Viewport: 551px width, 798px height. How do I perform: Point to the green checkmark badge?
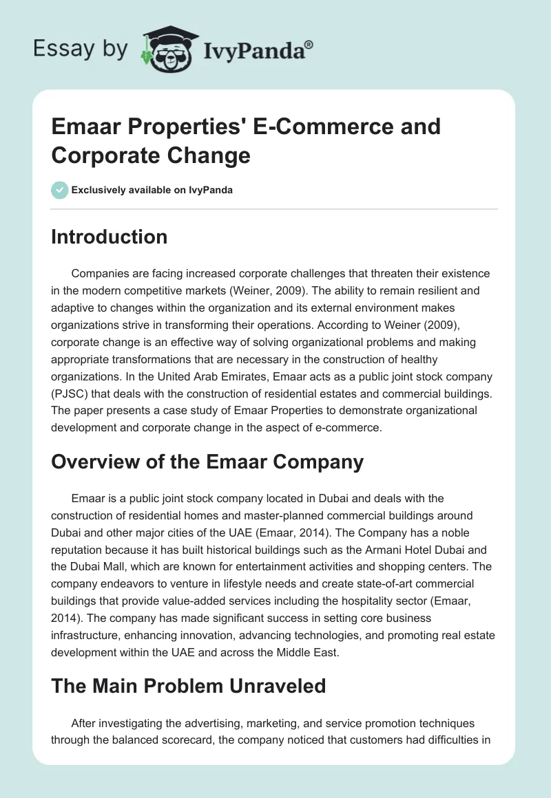[x=59, y=190]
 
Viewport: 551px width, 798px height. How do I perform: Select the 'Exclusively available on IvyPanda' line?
[x=151, y=190]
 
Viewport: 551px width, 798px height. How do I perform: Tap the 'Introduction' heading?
[x=110, y=237]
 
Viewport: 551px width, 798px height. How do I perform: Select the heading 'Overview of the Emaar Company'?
[x=207, y=462]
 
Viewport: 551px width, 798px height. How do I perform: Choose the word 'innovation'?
[x=218, y=614]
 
